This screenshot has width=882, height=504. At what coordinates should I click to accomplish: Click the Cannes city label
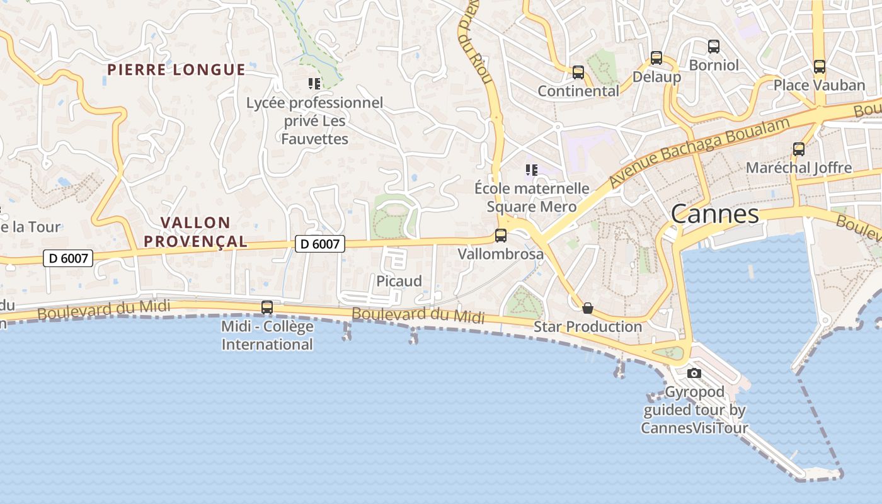coord(714,214)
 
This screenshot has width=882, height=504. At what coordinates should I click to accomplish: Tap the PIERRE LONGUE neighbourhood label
coord(176,69)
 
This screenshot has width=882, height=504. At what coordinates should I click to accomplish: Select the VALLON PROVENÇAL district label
coord(195,232)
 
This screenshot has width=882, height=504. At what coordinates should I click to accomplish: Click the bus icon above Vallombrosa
coord(501,236)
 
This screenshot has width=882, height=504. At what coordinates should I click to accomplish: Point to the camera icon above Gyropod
coord(694,373)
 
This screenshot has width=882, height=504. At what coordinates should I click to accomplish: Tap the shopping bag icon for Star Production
coord(588,308)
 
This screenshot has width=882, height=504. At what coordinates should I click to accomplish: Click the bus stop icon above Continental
coord(578,72)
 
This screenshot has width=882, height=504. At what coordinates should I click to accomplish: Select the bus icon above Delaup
coord(656,58)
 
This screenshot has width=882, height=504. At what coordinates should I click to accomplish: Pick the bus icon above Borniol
coord(714,46)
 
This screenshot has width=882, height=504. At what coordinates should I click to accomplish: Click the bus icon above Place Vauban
coord(820,66)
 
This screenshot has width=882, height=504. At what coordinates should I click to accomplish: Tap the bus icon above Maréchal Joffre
coord(799,149)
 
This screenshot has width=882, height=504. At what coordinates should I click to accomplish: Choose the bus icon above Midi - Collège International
coord(267,307)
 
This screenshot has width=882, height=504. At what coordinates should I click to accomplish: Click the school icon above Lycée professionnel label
coord(314,83)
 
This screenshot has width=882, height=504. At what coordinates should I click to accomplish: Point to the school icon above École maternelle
coord(532,169)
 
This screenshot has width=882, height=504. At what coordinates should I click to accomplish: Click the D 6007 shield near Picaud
coord(320,243)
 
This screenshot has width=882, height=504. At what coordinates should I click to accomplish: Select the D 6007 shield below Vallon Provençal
coord(69,257)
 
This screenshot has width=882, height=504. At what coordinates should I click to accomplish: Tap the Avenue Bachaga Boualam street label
coord(699,152)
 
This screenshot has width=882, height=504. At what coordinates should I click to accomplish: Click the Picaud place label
coord(399,281)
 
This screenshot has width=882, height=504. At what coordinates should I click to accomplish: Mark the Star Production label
coord(588,326)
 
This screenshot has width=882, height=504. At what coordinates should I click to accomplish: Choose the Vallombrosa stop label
coord(501,254)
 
